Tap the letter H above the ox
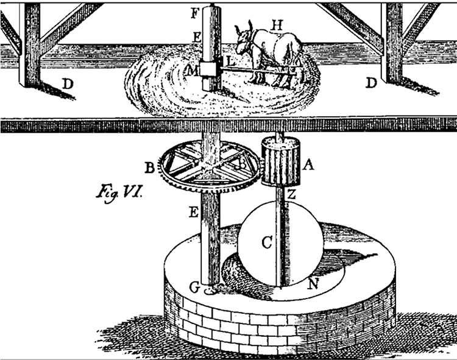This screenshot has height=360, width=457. click(x=277, y=24)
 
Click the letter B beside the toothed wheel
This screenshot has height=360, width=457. click(x=148, y=166)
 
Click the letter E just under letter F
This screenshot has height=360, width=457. click(x=197, y=37)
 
